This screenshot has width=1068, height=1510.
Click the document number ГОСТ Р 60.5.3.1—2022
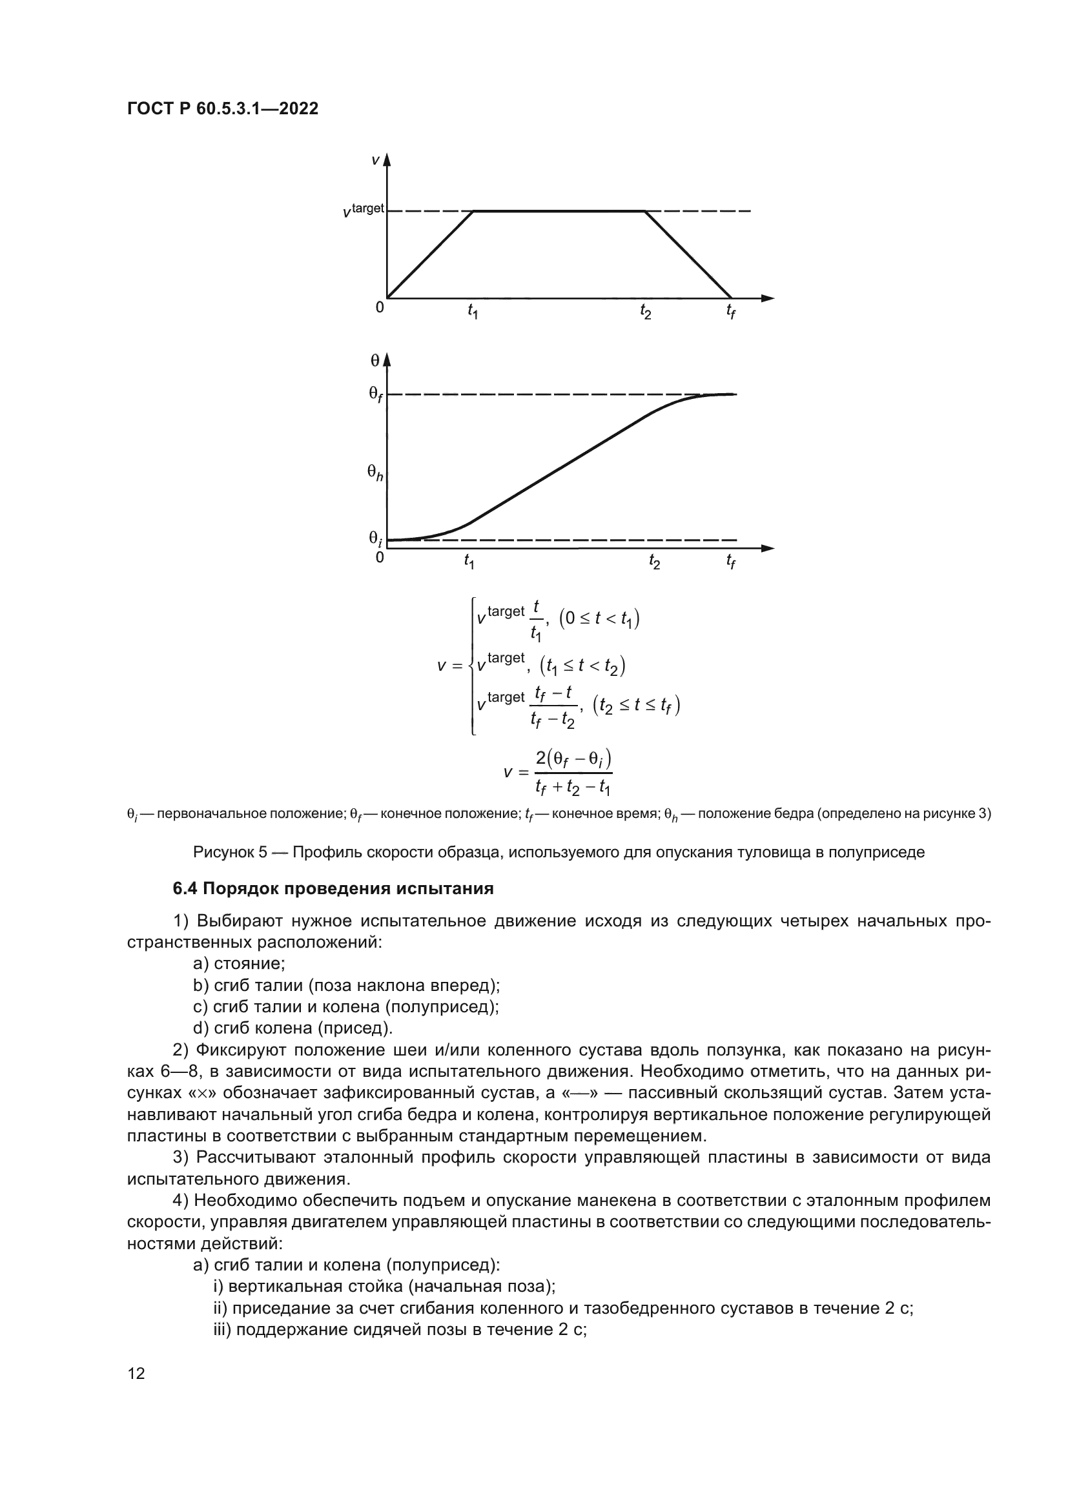click(x=222, y=109)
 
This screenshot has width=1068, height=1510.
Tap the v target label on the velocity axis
click(x=364, y=210)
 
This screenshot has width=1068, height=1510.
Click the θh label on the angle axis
click(x=375, y=472)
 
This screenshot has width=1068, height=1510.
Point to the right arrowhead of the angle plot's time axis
click(x=768, y=548)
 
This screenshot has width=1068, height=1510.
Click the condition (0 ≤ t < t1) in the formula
click(x=599, y=619)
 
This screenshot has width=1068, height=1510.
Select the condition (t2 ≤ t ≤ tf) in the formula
click(x=636, y=705)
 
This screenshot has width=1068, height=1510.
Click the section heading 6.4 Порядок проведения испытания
click(x=333, y=889)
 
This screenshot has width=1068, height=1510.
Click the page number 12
click(x=136, y=1373)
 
